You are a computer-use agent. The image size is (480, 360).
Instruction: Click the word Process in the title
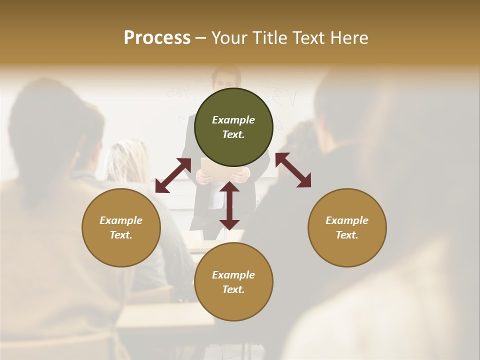point(157,38)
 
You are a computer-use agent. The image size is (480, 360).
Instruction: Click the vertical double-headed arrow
point(229,205)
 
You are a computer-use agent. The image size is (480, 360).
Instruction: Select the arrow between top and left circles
point(173,175)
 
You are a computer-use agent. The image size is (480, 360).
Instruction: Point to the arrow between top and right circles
point(293,170)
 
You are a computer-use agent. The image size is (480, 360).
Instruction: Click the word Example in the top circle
point(233,120)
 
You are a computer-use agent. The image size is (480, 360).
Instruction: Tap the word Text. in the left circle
point(121,235)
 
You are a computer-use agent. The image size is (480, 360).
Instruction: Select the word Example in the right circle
point(347,220)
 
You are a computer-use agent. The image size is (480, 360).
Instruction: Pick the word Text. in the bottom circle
point(233,289)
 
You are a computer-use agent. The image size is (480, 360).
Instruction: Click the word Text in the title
point(309,38)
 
